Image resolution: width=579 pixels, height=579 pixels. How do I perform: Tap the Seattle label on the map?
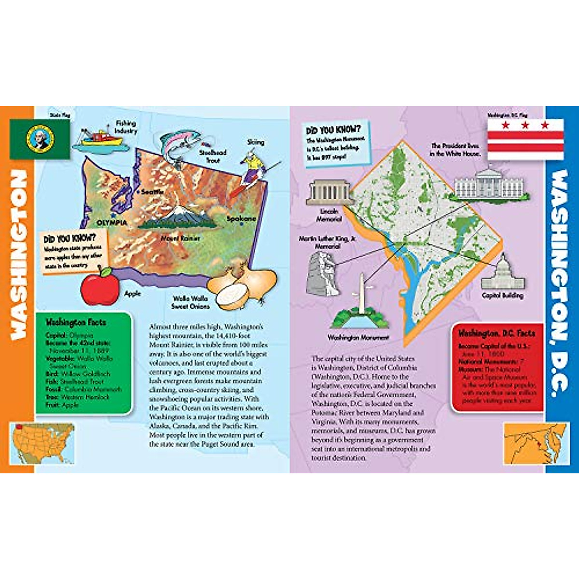[x=152, y=192]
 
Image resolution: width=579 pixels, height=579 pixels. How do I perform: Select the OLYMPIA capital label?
[x=112, y=223]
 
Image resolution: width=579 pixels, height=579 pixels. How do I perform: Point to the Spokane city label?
[x=241, y=219]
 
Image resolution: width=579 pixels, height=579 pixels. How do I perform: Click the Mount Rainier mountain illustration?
[x=176, y=219]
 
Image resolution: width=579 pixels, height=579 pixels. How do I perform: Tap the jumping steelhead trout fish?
[x=175, y=145]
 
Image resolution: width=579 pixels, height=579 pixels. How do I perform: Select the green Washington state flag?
[x=40, y=139]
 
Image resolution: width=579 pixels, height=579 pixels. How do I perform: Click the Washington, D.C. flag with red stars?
[x=525, y=139]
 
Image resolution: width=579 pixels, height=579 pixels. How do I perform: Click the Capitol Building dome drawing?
[x=502, y=273]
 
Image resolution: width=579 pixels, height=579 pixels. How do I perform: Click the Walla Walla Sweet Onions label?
[x=191, y=303]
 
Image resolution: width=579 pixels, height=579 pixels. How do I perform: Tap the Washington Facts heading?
[x=76, y=322]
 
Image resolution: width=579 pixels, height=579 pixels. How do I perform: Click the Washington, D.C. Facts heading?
[x=496, y=333]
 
